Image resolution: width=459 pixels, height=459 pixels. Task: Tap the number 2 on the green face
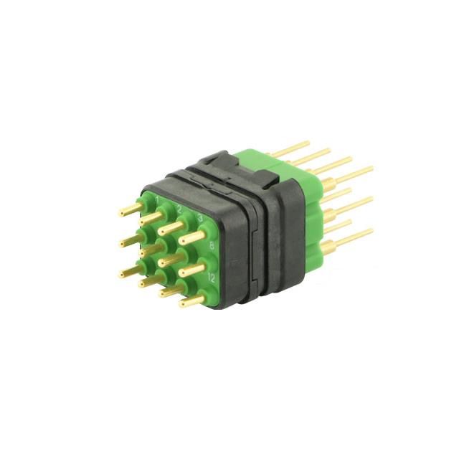(179, 208)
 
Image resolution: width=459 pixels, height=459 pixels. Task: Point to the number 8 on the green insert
(211, 246)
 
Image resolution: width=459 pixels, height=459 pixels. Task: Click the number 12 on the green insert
(211, 276)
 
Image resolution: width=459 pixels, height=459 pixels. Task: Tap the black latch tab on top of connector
(215, 162)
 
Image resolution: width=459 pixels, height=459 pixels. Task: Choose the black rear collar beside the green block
(287, 215)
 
